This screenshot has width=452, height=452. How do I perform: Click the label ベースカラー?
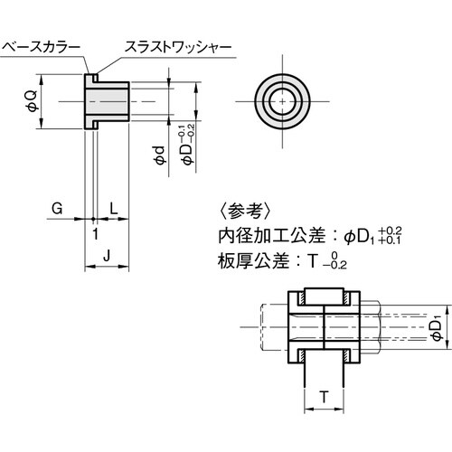point(42,44)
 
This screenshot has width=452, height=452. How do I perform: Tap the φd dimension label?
point(159,155)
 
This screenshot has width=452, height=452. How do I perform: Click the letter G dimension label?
point(56,208)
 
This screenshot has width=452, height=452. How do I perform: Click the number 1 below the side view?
point(95,233)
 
